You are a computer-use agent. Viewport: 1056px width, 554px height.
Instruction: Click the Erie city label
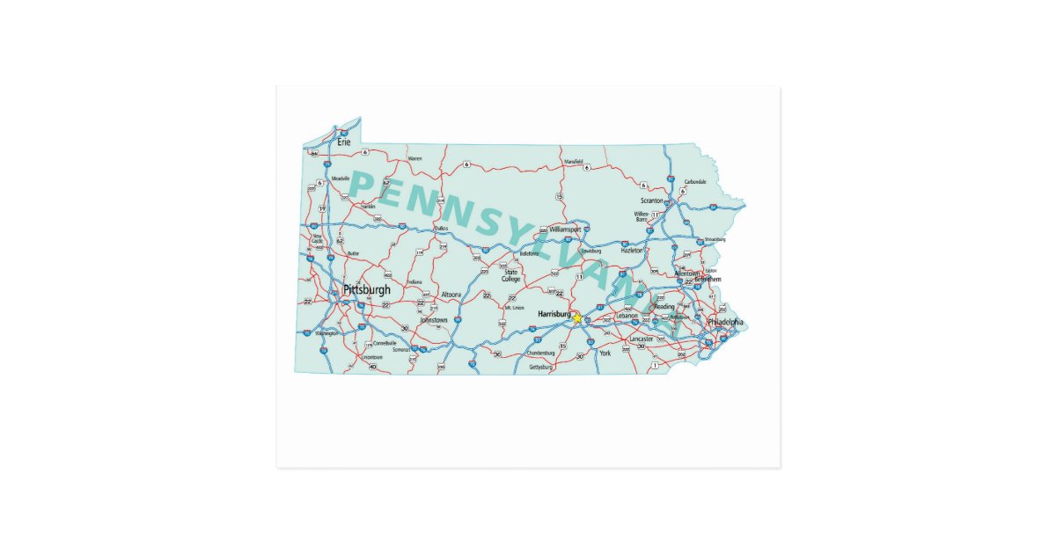click(x=344, y=142)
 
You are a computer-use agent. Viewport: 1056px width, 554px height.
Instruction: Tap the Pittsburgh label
click(x=367, y=289)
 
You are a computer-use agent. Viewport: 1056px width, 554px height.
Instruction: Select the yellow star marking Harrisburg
click(x=577, y=318)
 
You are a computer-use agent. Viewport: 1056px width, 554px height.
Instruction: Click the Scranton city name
click(x=652, y=200)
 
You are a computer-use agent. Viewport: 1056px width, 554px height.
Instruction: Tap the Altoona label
click(x=451, y=295)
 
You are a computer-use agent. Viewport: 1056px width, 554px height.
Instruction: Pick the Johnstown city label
click(x=433, y=320)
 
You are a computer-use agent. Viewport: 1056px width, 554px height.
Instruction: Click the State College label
click(x=511, y=275)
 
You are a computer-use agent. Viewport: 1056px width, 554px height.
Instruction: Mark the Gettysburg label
click(x=540, y=367)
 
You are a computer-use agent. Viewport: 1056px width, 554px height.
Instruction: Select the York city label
click(x=605, y=354)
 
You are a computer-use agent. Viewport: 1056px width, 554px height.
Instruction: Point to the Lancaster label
click(x=642, y=339)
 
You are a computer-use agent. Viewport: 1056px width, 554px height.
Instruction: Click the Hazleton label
click(x=632, y=251)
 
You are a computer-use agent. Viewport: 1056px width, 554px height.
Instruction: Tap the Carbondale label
click(x=695, y=182)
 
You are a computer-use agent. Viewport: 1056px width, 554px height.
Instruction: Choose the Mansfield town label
click(x=573, y=161)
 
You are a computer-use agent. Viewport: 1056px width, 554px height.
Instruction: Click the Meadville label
click(x=341, y=179)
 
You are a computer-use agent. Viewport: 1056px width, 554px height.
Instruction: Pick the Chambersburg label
click(x=540, y=353)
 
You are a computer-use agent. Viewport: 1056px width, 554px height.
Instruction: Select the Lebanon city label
click(x=627, y=315)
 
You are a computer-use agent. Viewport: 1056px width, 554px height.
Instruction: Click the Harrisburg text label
click(x=554, y=313)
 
